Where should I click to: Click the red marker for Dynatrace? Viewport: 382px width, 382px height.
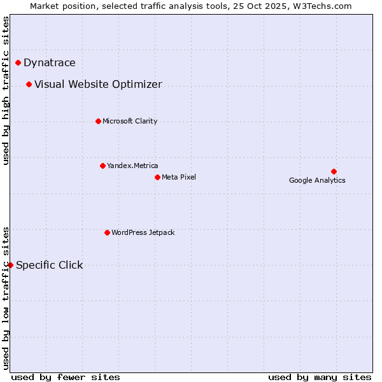[18, 62]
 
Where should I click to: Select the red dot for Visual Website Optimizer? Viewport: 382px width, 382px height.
[29, 84]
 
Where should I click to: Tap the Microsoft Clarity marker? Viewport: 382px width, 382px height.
[98, 121]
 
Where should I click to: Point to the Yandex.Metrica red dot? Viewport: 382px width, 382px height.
[103, 166]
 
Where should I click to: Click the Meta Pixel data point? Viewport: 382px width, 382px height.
[157, 177]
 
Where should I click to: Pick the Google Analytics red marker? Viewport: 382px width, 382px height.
[334, 171]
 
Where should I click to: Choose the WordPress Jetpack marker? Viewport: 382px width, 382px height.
[107, 232]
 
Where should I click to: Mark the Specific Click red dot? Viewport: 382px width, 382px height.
[11, 265]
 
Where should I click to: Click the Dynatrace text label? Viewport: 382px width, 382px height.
[50, 62]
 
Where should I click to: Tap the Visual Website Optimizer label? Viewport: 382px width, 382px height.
[98, 84]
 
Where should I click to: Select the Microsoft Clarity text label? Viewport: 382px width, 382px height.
[130, 121]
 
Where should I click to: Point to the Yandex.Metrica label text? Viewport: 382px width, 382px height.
[132, 166]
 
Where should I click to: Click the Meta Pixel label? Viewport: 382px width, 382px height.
[179, 177]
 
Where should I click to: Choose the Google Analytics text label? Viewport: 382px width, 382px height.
[317, 180]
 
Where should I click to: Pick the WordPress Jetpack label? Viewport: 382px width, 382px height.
[143, 232]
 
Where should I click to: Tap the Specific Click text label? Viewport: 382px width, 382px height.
[50, 265]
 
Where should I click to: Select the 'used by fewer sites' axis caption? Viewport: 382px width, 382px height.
[66, 377]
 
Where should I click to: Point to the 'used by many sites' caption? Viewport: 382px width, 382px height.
[320, 377]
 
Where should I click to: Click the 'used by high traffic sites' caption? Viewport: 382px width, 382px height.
[6, 90]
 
